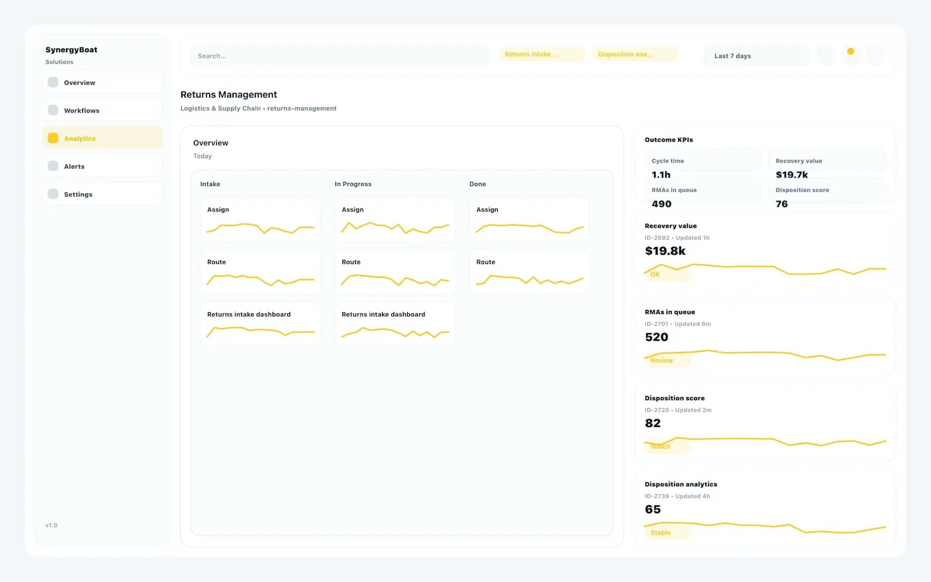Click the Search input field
click(338, 56)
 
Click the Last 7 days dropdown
click(755, 56)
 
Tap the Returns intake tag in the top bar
click(541, 54)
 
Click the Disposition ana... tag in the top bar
click(634, 54)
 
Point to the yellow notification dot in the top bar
click(851, 51)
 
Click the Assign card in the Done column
click(529, 219)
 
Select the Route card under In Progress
click(395, 272)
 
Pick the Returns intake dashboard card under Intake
click(260, 324)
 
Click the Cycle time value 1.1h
click(661, 175)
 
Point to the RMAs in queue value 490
click(661, 204)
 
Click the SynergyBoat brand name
click(71, 50)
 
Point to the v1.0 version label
click(51, 525)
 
